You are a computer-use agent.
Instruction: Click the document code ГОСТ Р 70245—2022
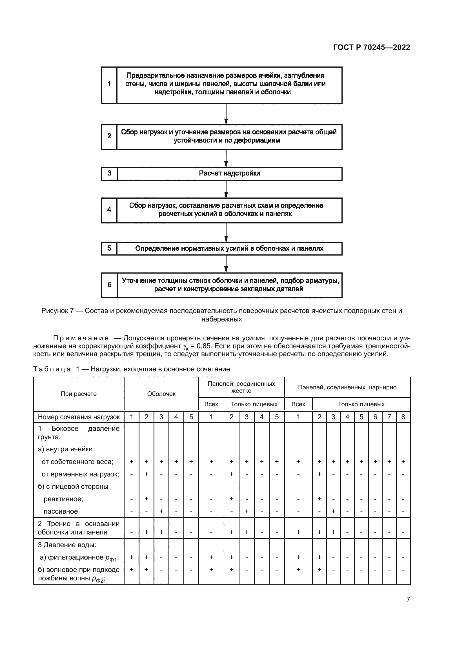coord(371,48)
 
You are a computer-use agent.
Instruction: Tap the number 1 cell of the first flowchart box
coord(109,84)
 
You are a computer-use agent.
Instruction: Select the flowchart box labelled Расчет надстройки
coord(229,173)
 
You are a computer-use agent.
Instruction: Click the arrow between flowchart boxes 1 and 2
coord(226,114)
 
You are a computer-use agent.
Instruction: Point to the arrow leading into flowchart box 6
coord(226,264)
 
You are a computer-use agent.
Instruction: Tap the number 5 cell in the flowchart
coord(109,248)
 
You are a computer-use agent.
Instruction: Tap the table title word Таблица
coord(52,369)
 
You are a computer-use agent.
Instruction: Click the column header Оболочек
coord(161,394)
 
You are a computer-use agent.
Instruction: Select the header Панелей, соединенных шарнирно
coord(347,387)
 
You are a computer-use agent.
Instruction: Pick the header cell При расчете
coord(79,394)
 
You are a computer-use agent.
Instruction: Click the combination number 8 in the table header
coord(403,417)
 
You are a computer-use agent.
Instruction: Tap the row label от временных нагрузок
coord(80,474)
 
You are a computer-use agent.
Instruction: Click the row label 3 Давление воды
coord(67,545)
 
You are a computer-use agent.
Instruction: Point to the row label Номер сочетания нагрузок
coord(79,417)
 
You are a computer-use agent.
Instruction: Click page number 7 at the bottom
coord(408,599)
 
